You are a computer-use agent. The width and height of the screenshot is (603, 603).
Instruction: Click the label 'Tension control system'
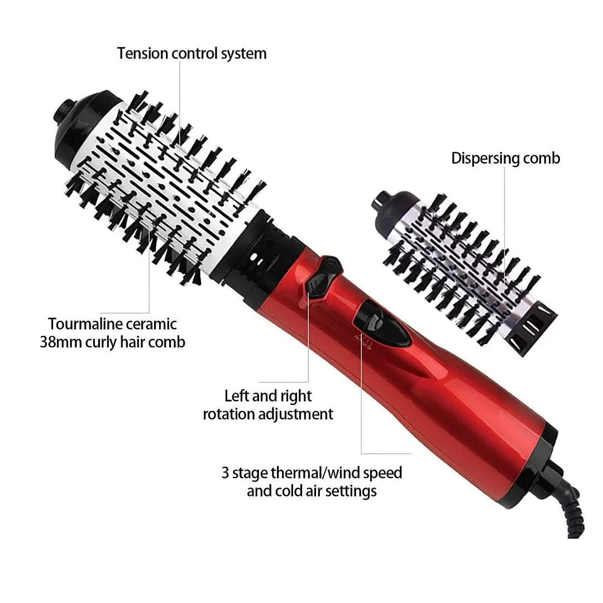192,54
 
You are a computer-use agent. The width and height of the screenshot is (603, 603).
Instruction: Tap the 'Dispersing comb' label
505,158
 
